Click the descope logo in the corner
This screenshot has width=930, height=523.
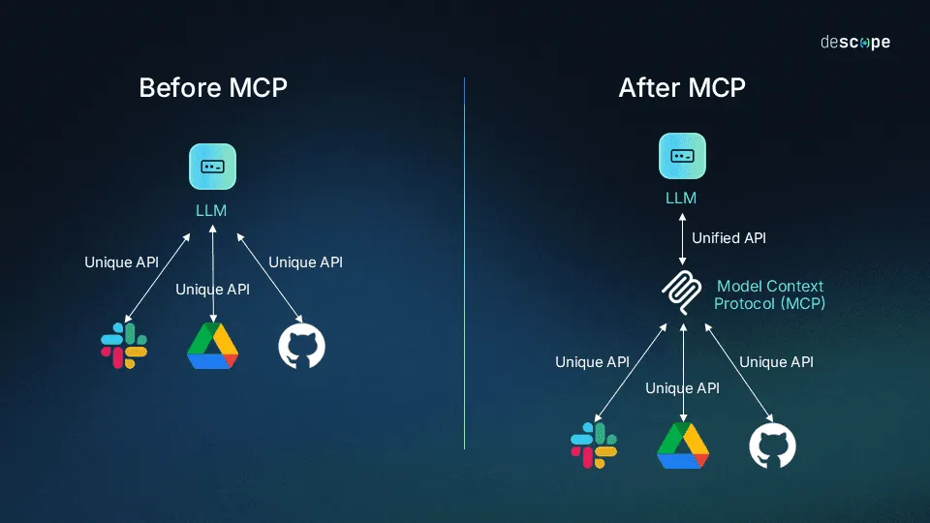click(854, 43)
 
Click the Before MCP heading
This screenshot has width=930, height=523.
click(213, 87)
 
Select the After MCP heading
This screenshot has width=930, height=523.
click(682, 87)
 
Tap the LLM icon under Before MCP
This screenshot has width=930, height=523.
click(212, 167)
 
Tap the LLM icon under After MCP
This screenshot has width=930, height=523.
click(682, 156)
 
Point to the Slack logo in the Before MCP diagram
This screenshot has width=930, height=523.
click(124, 347)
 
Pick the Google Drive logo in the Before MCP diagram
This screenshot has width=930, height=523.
click(212, 347)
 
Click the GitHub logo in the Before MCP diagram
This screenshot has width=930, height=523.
click(301, 347)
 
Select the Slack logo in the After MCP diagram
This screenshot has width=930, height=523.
click(594, 446)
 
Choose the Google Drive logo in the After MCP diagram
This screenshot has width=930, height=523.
click(683, 446)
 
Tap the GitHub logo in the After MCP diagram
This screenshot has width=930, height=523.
click(772, 446)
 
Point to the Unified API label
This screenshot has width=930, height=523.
click(728, 238)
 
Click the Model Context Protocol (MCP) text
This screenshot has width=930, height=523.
click(770, 294)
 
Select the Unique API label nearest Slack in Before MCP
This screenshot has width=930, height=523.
click(121, 261)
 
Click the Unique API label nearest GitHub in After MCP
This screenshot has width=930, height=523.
click(776, 362)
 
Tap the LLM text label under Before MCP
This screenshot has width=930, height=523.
click(210, 210)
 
